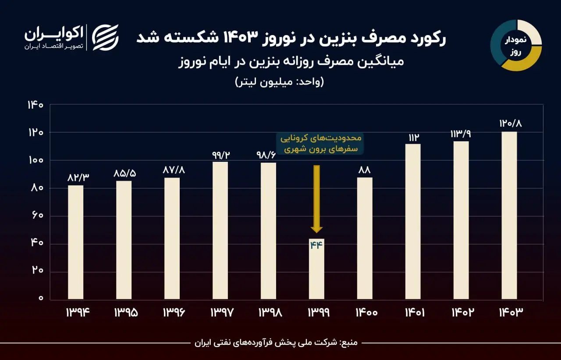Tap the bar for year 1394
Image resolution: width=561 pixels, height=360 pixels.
(75, 242)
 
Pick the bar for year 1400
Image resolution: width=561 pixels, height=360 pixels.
(365, 239)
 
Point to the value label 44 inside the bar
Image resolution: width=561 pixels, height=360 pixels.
(316, 245)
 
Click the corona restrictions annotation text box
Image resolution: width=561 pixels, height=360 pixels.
(321, 143)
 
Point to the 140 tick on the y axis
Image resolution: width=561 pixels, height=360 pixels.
(35, 105)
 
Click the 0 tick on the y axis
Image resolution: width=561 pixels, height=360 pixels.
(41, 299)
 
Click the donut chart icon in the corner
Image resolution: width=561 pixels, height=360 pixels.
(516, 46)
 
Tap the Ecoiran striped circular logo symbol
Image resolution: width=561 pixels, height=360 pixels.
(105, 37)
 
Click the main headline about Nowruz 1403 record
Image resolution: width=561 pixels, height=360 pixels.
(291, 39)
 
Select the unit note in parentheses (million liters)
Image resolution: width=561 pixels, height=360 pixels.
(280, 82)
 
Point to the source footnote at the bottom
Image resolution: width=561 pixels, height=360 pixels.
(276, 342)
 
